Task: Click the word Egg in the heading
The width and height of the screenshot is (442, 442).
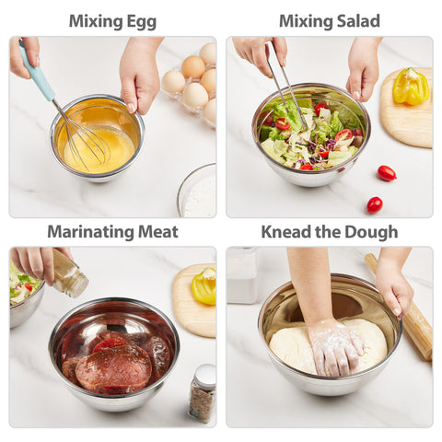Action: [140, 21]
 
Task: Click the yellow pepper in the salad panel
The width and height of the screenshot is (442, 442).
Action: [410, 87]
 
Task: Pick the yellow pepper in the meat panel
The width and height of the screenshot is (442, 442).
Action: [204, 286]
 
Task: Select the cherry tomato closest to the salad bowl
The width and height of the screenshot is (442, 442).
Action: [387, 172]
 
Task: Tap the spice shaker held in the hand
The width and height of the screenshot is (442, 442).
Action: [69, 274]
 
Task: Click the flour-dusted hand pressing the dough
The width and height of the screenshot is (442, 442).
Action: [334, 345]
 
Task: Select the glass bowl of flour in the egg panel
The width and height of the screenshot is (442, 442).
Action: [199, 192]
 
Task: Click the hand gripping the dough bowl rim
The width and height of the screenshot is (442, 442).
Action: [395, 291]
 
